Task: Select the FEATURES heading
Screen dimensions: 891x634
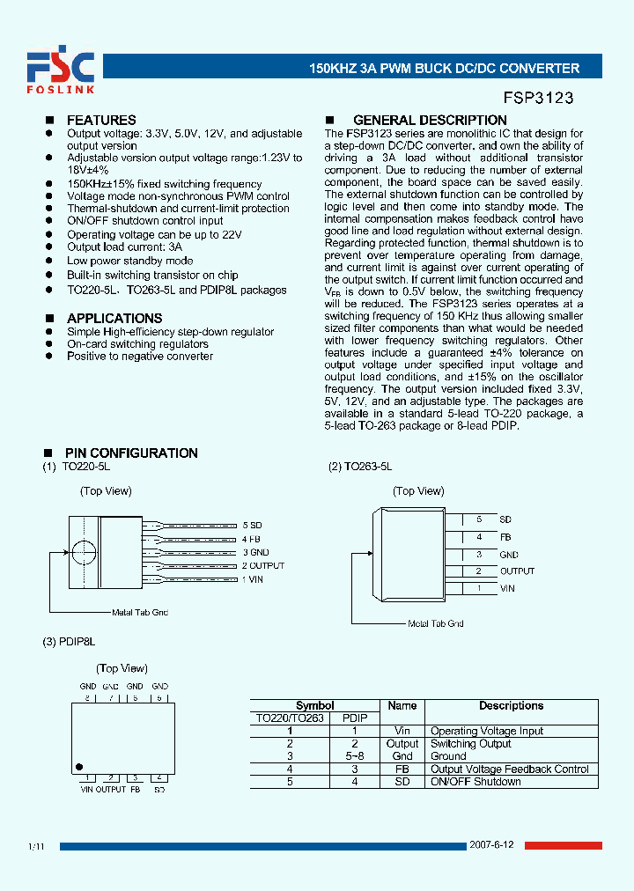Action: tap(101, 120)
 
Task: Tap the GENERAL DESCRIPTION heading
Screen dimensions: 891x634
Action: tap(430, 120)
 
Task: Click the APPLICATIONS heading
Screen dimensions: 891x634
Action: tap(114, 318)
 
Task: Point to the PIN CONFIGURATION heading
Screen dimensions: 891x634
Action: tap(131, 453)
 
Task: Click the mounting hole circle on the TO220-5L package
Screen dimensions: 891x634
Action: tap(85, 552)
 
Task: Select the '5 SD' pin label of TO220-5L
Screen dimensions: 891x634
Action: tap(252, 525)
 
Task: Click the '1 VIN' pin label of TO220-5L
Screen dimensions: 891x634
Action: tap(253, 579)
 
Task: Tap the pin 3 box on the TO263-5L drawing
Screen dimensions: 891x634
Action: tap(479, 555)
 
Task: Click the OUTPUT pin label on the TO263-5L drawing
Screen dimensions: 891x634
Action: tap(517, 571)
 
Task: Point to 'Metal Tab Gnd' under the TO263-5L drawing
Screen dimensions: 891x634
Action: tap(435, 623)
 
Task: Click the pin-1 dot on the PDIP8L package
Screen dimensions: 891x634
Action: tap(79, 767)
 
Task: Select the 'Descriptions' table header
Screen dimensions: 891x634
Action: tap(511, 705)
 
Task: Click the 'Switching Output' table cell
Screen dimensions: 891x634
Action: tap(470, 744)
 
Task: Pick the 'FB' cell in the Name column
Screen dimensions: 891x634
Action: tap(402, 769)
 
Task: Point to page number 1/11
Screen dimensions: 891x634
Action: tap(36, 846)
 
